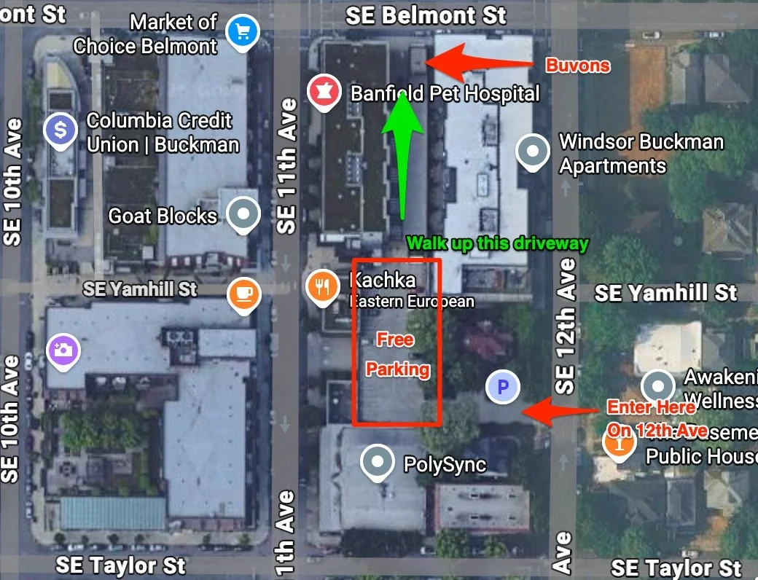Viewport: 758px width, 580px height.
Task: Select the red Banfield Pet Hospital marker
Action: click(321, 92)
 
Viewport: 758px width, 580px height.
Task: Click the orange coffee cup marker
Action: click(243, 294)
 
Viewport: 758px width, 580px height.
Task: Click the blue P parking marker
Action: click(502, 387)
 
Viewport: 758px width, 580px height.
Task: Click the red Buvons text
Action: click(578, 66)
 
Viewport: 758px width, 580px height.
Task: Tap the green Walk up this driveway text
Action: click(497, 243)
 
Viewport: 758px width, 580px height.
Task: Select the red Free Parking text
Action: click(396, 354)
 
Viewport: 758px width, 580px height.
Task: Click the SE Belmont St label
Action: click(426, 15)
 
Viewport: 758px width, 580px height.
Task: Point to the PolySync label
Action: click(445, 464)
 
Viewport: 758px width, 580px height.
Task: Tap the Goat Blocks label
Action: click(163, 216)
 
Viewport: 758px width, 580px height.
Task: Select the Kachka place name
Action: click(383, 280)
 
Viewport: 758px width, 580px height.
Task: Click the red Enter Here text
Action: click(651, 407)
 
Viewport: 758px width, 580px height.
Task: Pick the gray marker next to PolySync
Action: click(378, 461)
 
